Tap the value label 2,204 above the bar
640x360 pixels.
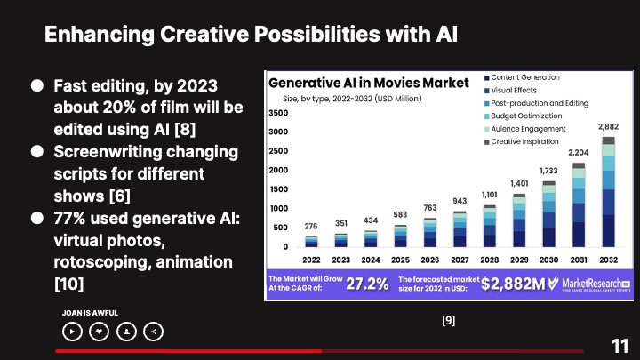(580, 152)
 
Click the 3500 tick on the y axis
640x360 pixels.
(278, 114)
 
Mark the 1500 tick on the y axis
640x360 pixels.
(278, 189)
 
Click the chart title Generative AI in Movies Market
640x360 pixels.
(368, 83)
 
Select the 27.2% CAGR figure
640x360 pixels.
(367, 284)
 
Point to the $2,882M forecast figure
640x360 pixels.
(514, 284)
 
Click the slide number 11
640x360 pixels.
(620, 346)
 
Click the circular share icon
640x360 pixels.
(155, 332)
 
